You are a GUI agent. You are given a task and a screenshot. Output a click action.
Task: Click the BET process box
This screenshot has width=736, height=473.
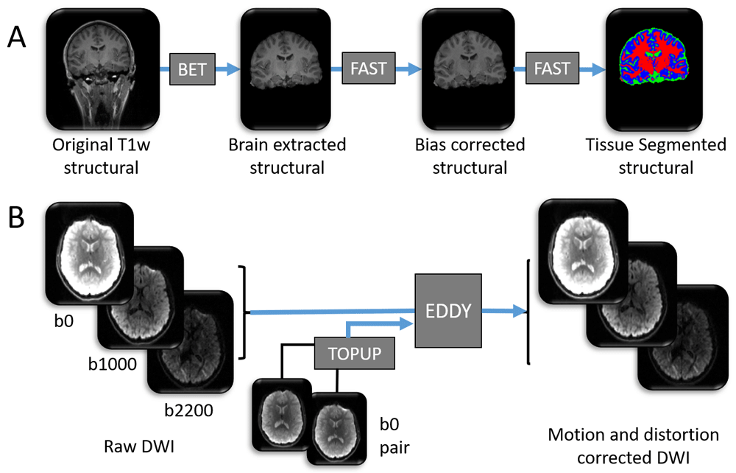pos(191,69)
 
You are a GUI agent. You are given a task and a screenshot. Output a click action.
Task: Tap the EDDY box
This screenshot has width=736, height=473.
pos(450,310)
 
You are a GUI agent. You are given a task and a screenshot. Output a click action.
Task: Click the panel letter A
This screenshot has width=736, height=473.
pos(21,38)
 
